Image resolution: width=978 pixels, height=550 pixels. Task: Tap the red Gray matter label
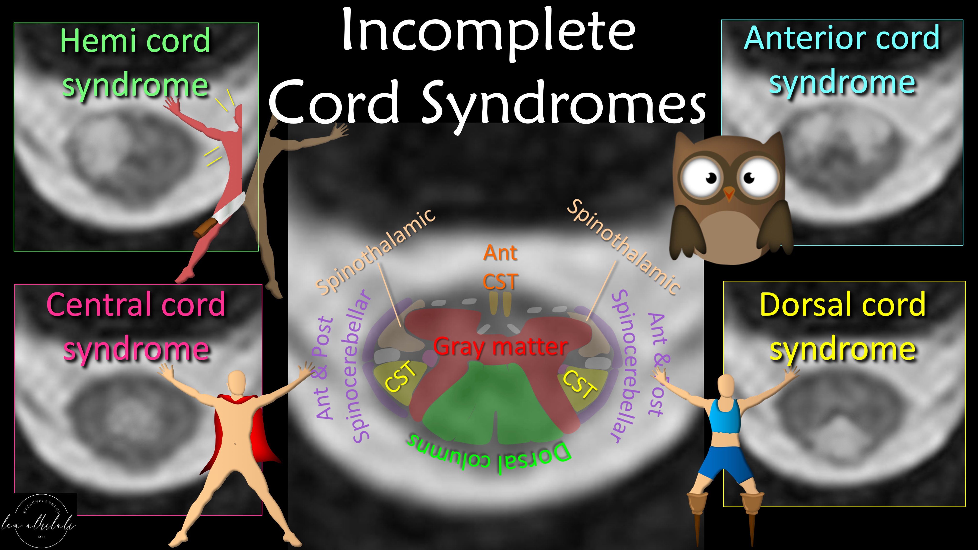coord(500,346)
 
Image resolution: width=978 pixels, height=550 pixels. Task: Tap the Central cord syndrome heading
coord(136,326)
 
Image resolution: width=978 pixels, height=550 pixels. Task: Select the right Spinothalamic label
coord(623,247)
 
